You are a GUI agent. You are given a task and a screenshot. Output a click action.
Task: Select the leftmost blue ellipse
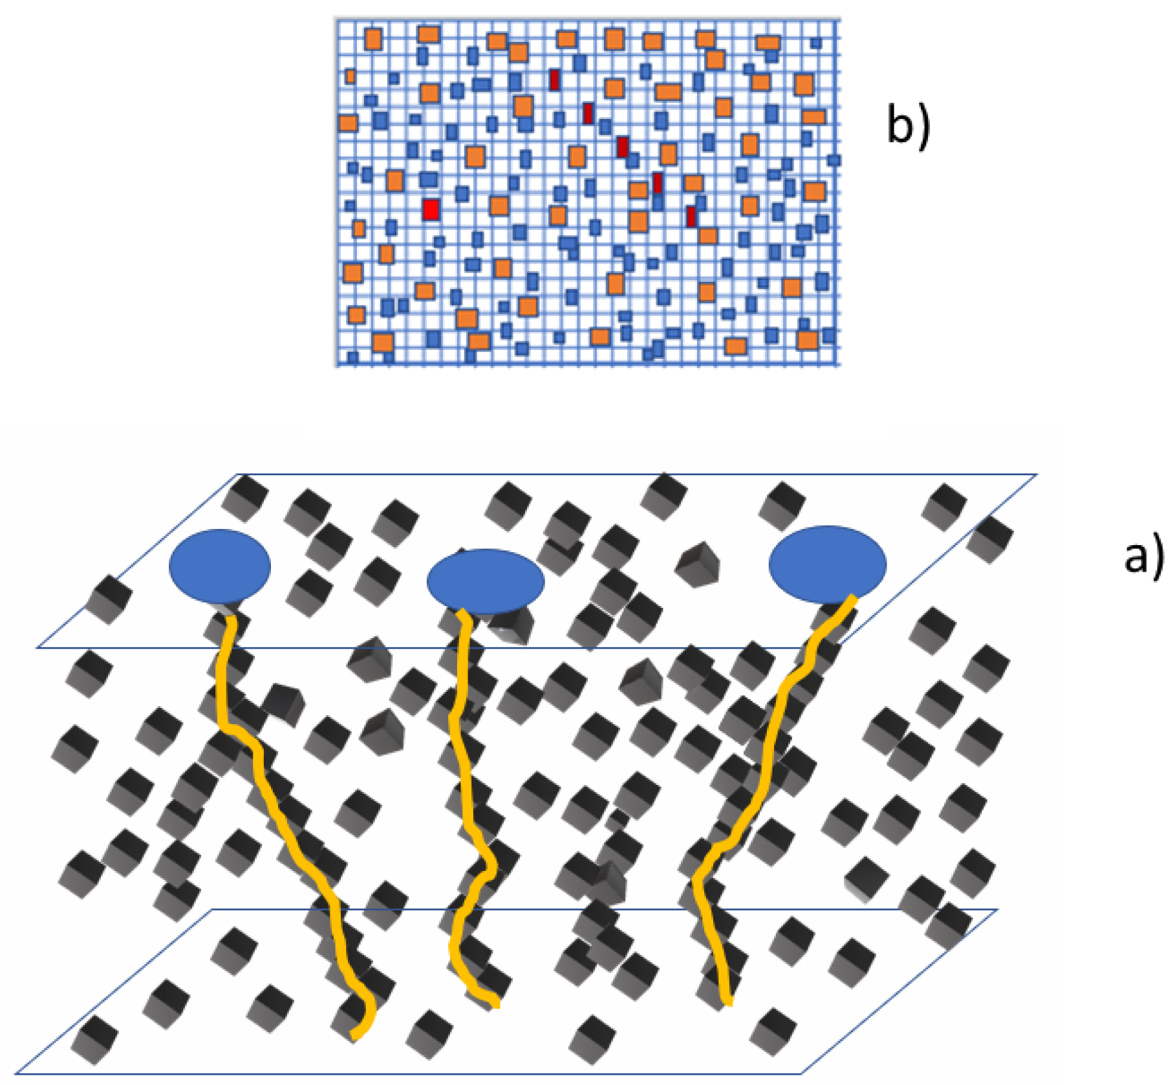coord(220,566)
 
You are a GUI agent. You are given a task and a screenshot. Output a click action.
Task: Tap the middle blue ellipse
coord(486,581)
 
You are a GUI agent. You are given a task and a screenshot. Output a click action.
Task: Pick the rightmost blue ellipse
coord(828,564)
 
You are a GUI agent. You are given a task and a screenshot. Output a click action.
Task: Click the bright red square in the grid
coord(431,209)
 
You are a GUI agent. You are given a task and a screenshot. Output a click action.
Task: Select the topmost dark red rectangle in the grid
coord(554,80)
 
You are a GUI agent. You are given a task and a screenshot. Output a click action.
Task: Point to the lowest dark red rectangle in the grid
coord(691,216)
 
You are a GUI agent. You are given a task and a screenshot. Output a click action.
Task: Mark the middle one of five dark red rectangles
coord(622,147)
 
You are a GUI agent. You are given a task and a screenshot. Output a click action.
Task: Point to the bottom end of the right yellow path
coord(729,1004)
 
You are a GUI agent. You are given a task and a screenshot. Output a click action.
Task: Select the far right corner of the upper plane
coord(1037,475)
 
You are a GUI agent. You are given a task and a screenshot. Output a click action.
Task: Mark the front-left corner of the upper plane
coord(38,647)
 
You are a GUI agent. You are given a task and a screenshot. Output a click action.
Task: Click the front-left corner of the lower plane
coord(16,1074)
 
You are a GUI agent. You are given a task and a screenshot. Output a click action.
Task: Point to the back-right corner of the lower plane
coord(996,910)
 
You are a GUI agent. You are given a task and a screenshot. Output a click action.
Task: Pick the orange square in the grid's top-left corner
coord(373,39)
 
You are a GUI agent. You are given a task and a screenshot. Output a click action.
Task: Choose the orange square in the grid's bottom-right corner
coord(808,340)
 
